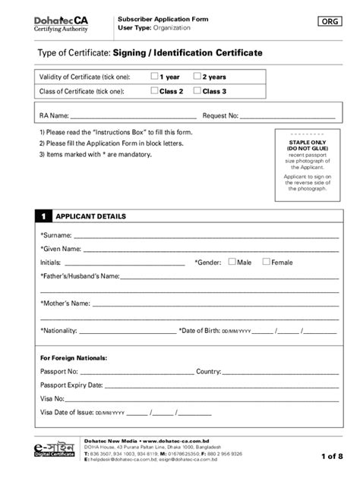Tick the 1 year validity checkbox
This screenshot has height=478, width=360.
(x=154, y=76)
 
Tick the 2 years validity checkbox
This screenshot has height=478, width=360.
(x=197, y=76)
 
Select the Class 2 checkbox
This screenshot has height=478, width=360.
(x=154, y=91)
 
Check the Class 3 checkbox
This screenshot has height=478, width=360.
(x=197, y=91)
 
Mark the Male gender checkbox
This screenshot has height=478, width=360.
(x=231, y=262)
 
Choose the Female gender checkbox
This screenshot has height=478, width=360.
(x=266, y=262)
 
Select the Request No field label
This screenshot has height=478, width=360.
(x=220, y=116)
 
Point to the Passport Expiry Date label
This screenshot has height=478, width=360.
(x=71, y=385)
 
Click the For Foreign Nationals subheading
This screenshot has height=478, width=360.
(x=73, y=357)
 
